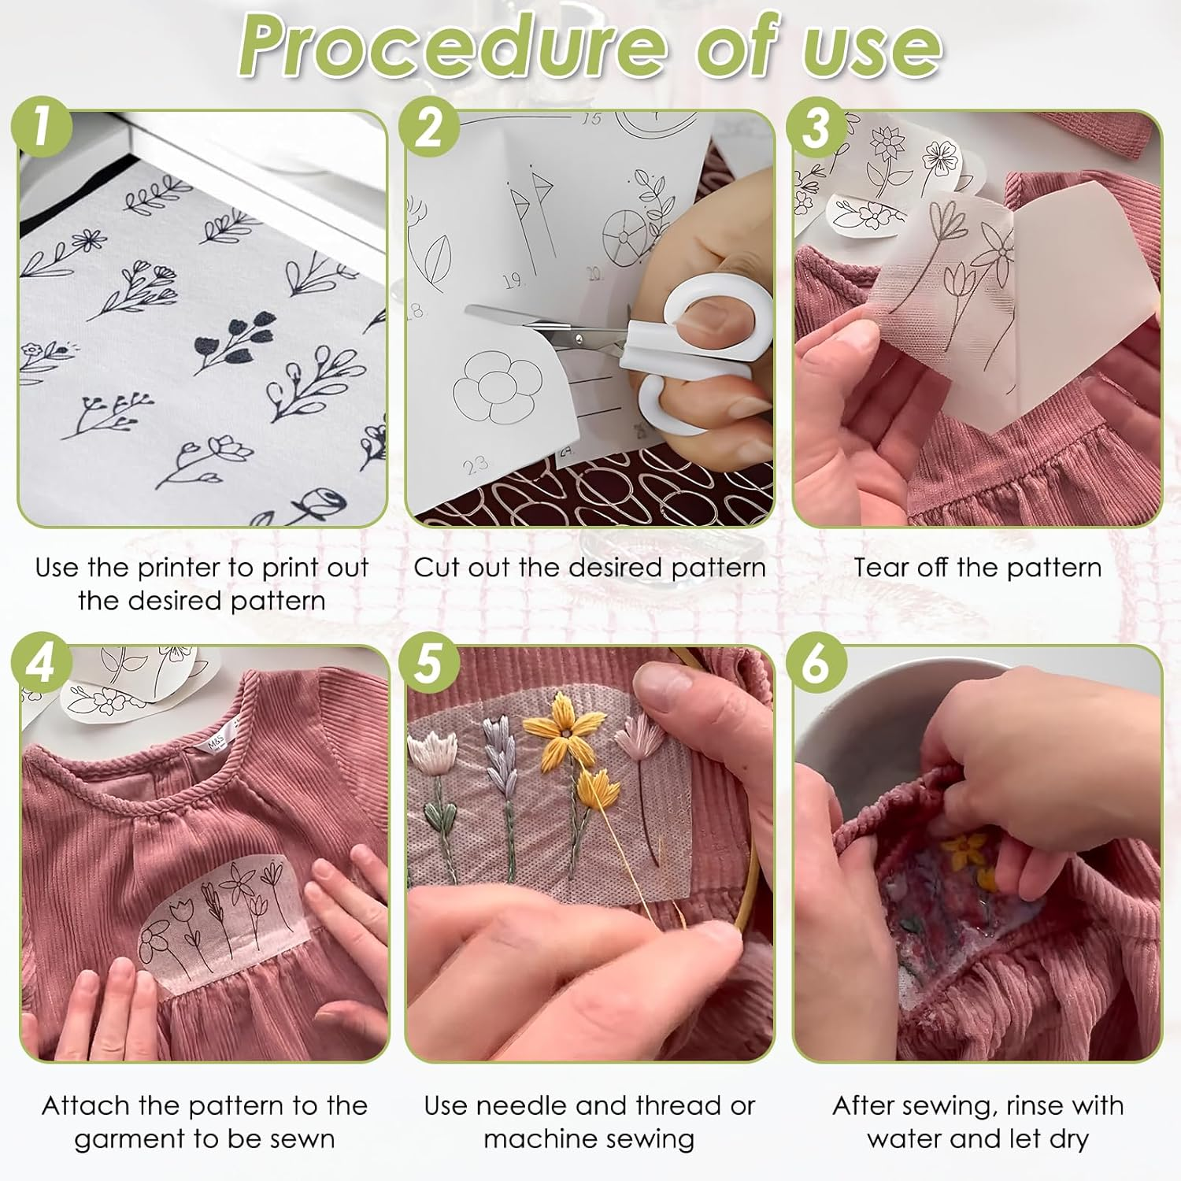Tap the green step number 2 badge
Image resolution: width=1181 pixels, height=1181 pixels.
(x=429, y=126)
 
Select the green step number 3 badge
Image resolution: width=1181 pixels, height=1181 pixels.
(x=816, y=126)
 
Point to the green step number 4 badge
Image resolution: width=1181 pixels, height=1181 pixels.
(x=42, y=662)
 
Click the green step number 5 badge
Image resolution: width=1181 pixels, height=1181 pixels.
(x=429, y=662)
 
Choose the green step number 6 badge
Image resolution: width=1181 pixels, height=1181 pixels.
(x=816, y=662)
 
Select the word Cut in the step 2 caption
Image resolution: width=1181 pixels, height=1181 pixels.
(x=437, y=568)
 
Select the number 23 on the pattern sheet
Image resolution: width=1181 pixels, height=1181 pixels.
(x=475, y=465)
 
